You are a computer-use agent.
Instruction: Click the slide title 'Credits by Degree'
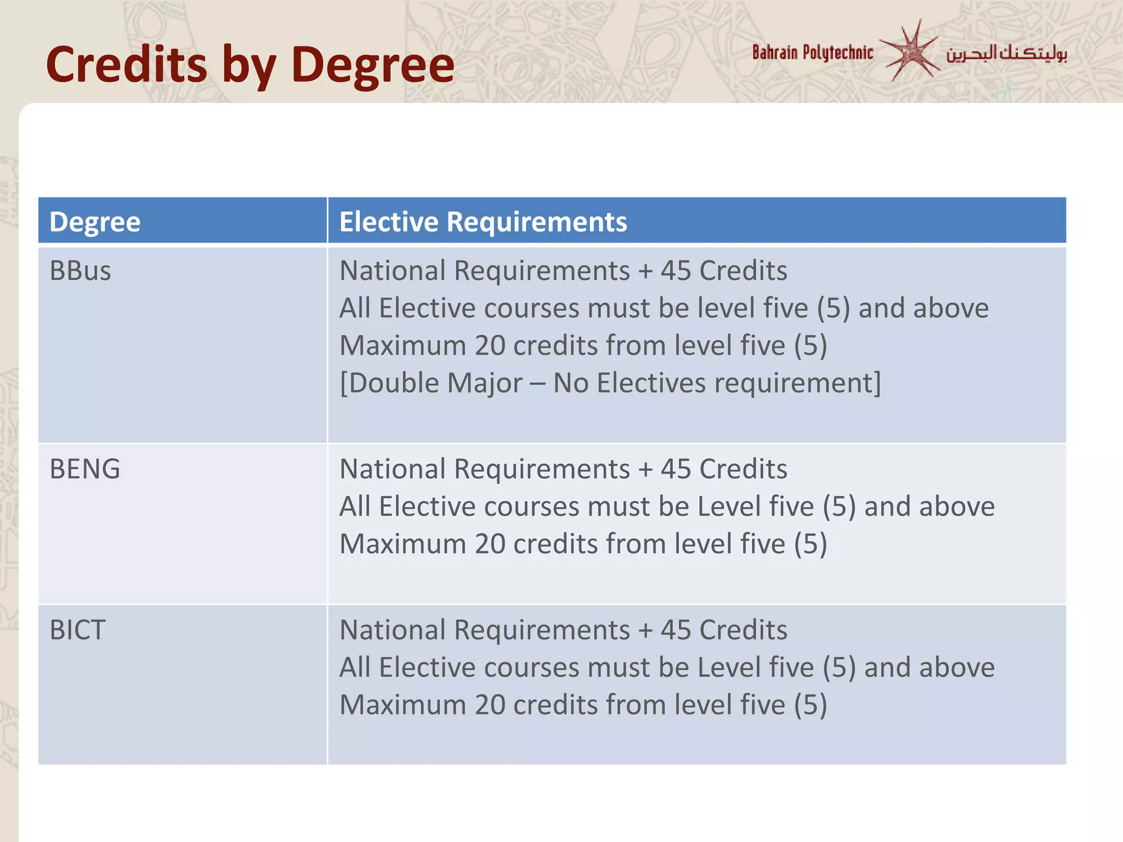[x=250, y=65]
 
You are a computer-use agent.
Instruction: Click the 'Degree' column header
[x=95, y=222]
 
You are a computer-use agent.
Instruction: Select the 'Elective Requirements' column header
[x=483, y=222]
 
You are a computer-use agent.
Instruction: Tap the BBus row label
[x=80, y=271]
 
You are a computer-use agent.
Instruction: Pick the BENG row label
[x=84, y=469]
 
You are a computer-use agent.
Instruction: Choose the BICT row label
[x=77, y=630]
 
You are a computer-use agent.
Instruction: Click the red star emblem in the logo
[x=910, y=52]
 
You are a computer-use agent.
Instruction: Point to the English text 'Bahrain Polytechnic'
[x=812, y=53]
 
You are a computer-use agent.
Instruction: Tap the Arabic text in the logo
[x=1006, y=54]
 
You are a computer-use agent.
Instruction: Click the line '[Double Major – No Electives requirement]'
[x=610, y=383]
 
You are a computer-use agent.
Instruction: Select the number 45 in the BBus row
[x=676, y=271]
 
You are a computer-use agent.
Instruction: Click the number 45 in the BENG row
[x=676, y=469]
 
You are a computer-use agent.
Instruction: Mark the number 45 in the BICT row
[x=676, y=630]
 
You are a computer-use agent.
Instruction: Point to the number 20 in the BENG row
[x=490, y=544]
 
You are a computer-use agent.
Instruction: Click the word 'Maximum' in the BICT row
[x=402, y=705]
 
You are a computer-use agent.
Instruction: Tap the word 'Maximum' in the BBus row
[x=402, y=345]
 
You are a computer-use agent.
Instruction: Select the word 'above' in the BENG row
[x=957, y=507]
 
